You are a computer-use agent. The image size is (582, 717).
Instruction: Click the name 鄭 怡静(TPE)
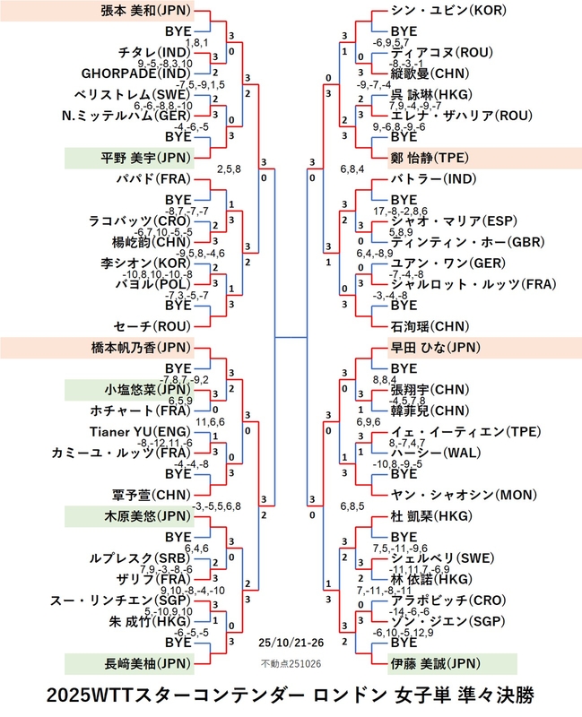(433, 158)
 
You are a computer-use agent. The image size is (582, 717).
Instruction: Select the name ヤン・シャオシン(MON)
(462, 495)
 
